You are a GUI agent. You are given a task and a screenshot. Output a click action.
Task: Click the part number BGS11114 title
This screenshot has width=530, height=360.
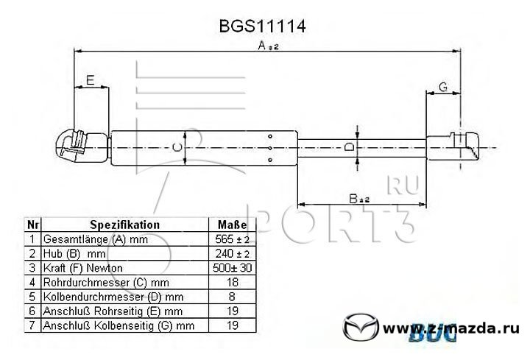click(262, 26)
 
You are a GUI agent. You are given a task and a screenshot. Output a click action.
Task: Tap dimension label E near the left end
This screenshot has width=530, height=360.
click(90, 80)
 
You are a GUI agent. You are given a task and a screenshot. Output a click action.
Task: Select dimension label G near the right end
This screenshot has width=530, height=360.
click(443, 87)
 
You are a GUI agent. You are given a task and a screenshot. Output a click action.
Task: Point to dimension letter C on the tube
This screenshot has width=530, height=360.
click(177, 147)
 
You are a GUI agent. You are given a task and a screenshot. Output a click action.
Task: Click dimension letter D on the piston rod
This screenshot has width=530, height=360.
click(350, 147)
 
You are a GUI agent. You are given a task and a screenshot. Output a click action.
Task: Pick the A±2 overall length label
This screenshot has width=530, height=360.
click(268, 46)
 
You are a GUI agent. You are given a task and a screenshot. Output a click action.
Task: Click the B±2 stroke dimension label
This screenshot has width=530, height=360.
click(359, 199)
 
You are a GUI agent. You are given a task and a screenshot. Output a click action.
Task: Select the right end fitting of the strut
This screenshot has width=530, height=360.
click(453, 146)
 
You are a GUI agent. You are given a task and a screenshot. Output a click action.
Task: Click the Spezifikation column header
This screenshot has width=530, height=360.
click(124, 225)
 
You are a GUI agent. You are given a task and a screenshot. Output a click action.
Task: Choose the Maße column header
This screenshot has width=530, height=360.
click(232, 225)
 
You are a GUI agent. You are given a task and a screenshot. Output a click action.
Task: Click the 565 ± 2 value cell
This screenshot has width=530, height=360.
click(232, 239)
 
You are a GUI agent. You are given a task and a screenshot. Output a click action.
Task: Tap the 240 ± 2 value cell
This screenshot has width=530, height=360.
click(232, 253)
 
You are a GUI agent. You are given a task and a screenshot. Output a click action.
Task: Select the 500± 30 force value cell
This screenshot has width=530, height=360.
click(232, 268)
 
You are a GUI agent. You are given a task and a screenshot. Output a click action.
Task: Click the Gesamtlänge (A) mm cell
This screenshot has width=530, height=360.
click(96, 239)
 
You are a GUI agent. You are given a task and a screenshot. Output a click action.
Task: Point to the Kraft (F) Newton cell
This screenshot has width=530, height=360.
click(82, 268)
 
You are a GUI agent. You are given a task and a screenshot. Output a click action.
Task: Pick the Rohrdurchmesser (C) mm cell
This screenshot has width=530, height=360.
click(106, 283)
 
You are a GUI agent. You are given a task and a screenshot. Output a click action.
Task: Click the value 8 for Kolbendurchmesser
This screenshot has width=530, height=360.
click(232, 297)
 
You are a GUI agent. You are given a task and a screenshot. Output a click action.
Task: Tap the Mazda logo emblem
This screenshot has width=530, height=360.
click(361, 327)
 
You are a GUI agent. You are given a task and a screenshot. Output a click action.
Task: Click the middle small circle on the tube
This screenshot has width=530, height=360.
click(269, 148)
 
